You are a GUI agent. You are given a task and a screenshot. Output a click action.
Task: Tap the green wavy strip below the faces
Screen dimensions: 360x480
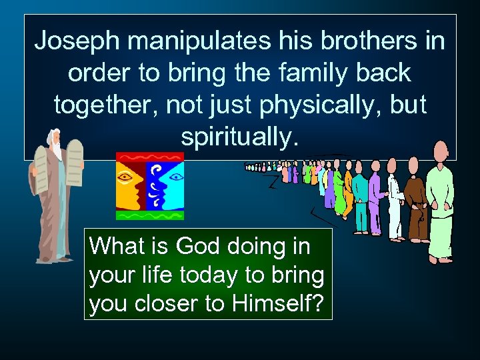[x=149, y=215]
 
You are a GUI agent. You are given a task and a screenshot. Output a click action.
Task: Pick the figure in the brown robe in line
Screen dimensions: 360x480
[x=417, y=203]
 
